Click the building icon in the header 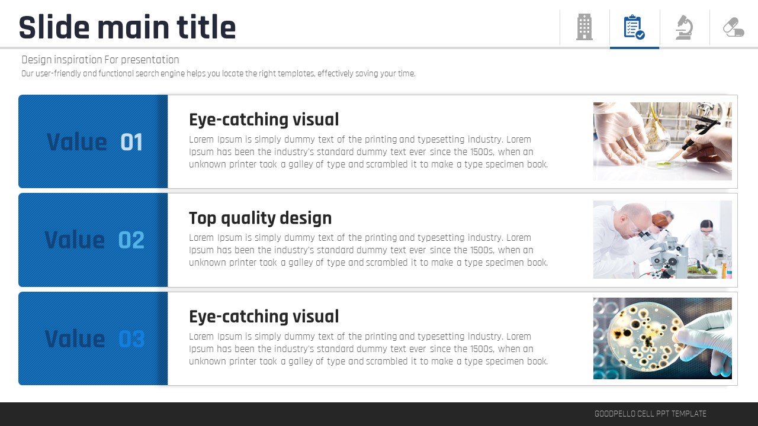point(584,27)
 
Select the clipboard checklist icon point(634,27)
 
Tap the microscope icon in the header point(684,27)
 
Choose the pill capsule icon point(734,27)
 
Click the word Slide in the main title point(54,27)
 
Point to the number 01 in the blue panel point(131,142)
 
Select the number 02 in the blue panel point(131,240)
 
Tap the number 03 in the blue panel point(131,339)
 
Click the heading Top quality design point(260,218)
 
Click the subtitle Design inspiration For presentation point(100,60)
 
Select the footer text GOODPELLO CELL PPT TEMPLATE point(650,414)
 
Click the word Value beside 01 point(77,142)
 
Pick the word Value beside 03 point(75,339)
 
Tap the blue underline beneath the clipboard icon point(634,48)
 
